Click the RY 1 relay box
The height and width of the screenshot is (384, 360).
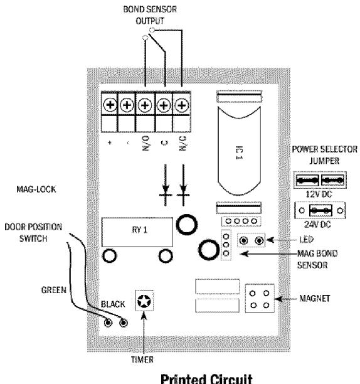137,232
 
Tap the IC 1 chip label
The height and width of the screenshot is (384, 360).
239,153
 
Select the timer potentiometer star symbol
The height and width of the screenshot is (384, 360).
144,301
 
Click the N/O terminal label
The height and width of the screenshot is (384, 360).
146,143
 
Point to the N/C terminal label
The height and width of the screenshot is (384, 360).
183,143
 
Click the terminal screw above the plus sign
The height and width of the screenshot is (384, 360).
110,105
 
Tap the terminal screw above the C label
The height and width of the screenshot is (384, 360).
164,105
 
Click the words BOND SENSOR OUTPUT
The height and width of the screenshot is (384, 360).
150,15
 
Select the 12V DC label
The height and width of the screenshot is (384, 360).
319,195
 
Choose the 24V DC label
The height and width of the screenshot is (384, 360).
317,225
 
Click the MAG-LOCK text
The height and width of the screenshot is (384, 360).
36,189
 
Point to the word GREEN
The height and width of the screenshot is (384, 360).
54,290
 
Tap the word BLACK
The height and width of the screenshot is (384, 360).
113,304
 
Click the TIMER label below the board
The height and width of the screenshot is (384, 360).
142,360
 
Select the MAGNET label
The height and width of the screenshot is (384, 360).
315,298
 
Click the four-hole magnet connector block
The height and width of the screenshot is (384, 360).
260,299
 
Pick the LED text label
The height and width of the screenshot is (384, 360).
307,240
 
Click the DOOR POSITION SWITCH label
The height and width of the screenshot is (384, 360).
33,233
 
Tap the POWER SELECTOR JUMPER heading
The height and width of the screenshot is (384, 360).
324,155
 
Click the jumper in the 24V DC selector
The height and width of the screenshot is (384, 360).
320,210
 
